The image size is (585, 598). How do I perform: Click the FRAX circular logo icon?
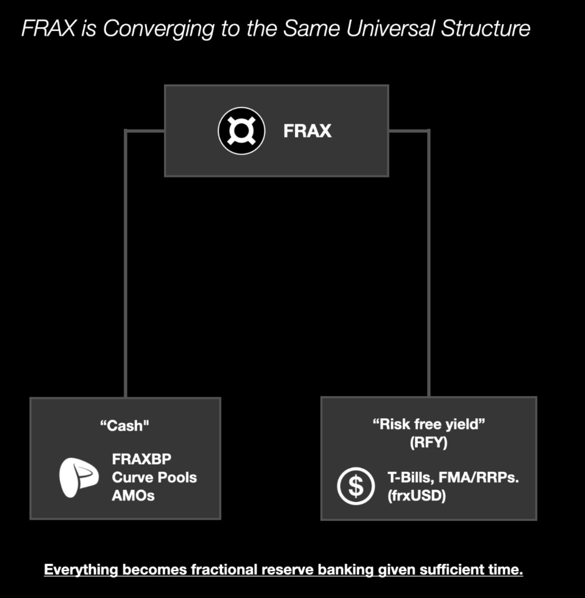coord(241,131)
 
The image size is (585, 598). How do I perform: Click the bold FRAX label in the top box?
coord(307,131)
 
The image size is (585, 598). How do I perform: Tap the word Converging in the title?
coord(158,28)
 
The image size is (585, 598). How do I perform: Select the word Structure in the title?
coord(485,28)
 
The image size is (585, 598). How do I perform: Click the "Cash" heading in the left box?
coord(124,425)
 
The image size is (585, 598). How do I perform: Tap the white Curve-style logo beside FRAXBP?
coord(78,477)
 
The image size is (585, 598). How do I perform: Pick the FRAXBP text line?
coord(141,459)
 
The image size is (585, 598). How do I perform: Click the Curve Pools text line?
coord(154,477)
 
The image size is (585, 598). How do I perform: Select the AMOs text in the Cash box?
coord(133,495)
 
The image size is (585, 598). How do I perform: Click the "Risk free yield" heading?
coord(429,424)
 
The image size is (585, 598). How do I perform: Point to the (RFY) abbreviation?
coord(429,442)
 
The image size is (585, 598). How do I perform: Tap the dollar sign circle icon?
coord(356,486)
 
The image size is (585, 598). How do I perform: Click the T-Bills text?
coord(410,477)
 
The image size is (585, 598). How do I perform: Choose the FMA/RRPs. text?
coord(479,477)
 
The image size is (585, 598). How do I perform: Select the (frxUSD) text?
coord(417,495)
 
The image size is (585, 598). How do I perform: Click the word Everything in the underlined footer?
coord(81,570)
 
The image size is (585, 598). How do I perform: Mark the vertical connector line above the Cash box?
coord(126,267)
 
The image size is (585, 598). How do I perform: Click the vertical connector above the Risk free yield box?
coord(429,267)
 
